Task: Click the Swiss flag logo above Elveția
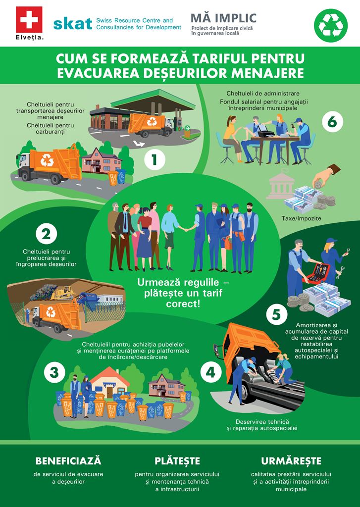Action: (x=29, y=20)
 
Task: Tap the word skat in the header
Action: (x=73, y=24)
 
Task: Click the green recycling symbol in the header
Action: (x=331, y=26)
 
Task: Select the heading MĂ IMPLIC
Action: (x=223, y=18)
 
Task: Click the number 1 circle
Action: (x=154, y=159)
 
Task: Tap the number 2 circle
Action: (x=46, y=234)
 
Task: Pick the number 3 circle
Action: (x=54, y=372)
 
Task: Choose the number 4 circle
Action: (x=210, y=372)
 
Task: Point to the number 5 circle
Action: (x=276, y=314)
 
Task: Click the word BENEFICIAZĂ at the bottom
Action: (x=68, y=461)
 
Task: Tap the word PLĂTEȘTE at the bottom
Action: (x=177, y=461)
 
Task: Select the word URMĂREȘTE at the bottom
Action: (x=291, y=461)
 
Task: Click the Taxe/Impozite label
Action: (x=301, y=218)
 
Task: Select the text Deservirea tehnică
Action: (x=262, y=422)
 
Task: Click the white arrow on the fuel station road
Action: (x=140, y=143)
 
